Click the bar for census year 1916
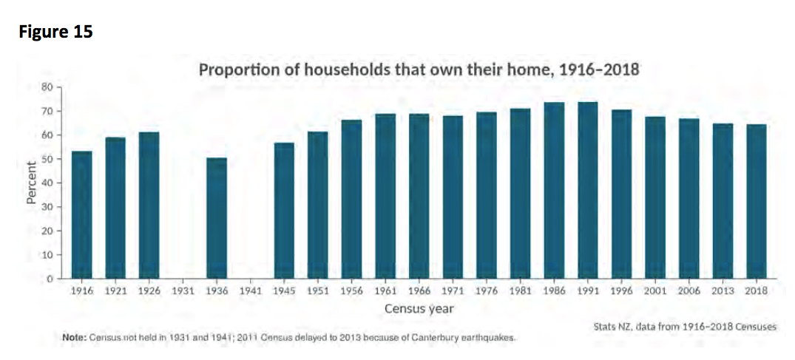pyautogui.click(x=81, y=215)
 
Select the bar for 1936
pyautogui.click(x=217, y=218)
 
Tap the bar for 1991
pyautogui.click(x=588, y=190)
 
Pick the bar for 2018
pyautogui.click(x=756, y=201)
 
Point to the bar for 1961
pyautogui.click(x=385, y=196)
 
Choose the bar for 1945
pyautogui.click(x=284, y=211)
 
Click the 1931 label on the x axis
pyautogui.click(x=183, y=291)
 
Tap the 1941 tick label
pyautogui.click(x=251, y=291)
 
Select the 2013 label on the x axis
pyautogui.click(x=723, y=291)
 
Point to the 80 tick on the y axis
pyautogui.click(x=47, y=87)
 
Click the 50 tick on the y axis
pyautogui.click(x=47, y=159)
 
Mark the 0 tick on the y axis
pyautogui.click(x=50, y=279)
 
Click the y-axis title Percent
pyautogui.click(x=32, y=183)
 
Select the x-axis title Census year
pyautogui.click(x=419, y=308)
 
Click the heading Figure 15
pyautogui.click(x=55, y=32)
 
